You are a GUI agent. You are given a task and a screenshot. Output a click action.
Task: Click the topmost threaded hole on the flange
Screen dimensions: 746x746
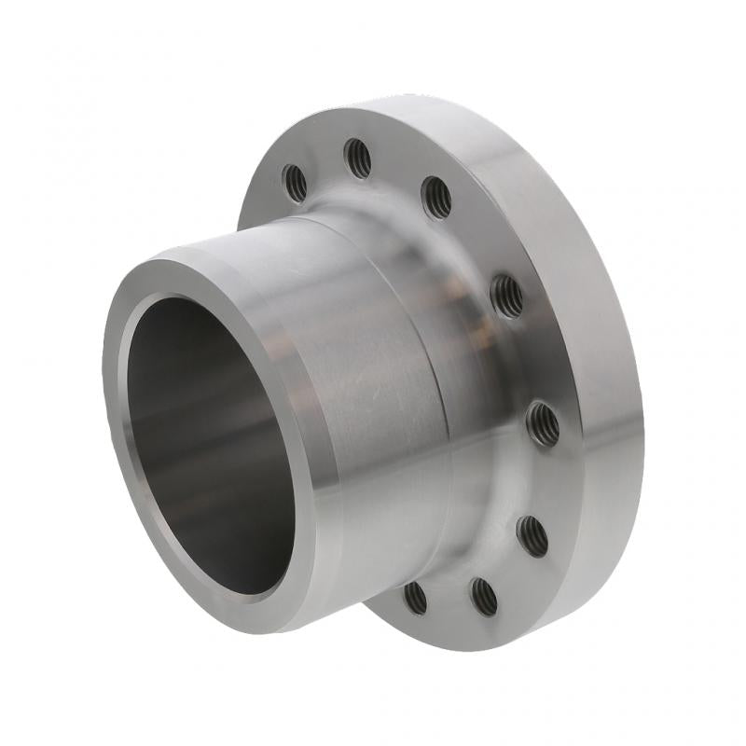tap(357, 158)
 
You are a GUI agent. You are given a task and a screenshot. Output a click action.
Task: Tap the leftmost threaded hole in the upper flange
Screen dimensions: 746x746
tap(295, 183)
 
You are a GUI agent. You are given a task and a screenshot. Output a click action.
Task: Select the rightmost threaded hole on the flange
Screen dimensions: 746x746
tap(543, 424)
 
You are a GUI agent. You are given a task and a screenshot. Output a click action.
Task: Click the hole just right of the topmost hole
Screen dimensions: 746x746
tap(436, 198)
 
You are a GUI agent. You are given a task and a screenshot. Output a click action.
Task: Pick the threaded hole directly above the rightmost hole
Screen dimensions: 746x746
tap(506, 297)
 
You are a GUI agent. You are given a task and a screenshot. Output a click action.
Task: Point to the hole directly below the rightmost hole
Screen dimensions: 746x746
tap(532, 536)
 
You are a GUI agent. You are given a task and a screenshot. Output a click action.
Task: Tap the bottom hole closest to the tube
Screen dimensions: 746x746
tap(415, 598)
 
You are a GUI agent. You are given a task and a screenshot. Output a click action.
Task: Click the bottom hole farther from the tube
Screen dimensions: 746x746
tap(483, 597)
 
